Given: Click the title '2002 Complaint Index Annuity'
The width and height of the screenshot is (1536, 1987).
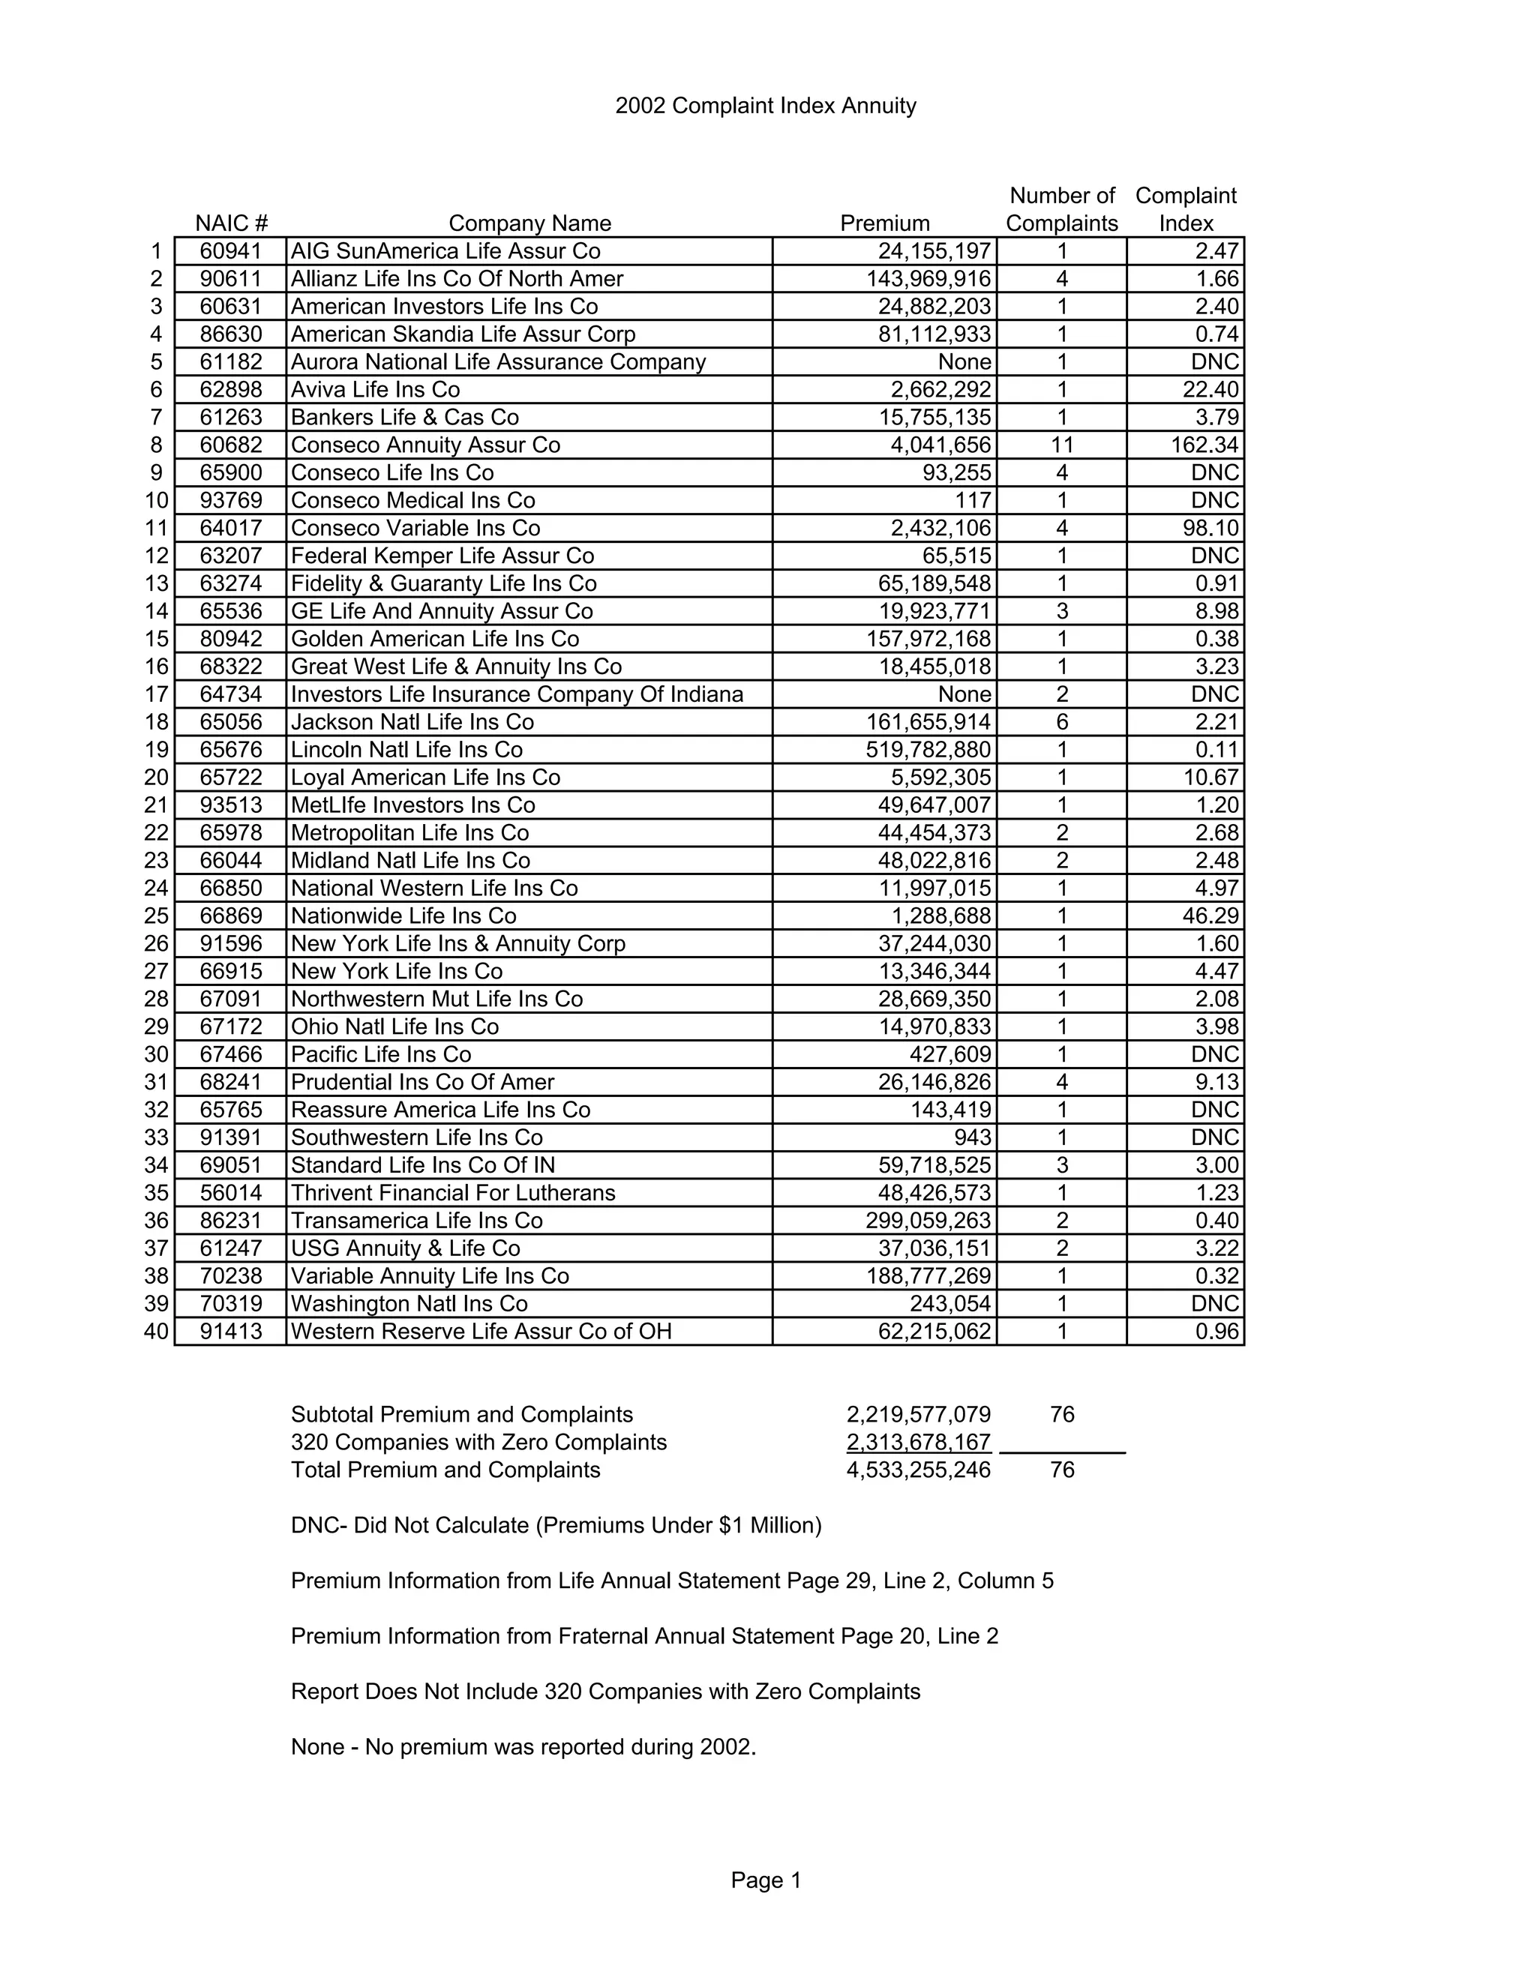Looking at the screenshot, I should (765, 106).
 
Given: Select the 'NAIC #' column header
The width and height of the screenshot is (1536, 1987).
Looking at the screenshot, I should (231, 223).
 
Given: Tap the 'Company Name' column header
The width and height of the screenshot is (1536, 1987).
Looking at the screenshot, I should (529, 223).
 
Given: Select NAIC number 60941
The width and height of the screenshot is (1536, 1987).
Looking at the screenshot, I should (231, 251).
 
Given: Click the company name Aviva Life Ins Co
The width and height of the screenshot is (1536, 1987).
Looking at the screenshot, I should (375, 389).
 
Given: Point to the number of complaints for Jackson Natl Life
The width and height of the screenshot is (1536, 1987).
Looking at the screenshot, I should (1061, 722).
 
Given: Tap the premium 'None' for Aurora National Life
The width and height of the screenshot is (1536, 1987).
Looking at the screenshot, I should (964, 362).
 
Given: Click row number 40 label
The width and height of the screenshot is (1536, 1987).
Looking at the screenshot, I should (157, 1332).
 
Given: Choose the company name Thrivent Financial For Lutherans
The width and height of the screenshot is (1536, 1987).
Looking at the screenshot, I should (452, 1193).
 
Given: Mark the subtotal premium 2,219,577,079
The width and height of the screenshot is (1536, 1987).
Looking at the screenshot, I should (918, 1415).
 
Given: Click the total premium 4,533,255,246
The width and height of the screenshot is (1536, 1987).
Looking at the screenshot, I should (918, 1470).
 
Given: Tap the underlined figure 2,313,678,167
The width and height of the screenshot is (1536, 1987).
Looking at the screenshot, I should (918, 1442).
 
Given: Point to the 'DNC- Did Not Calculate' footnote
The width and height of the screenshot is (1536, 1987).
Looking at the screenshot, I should (556, 1526).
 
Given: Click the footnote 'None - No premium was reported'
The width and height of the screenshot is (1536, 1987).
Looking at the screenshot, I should (523, 1747).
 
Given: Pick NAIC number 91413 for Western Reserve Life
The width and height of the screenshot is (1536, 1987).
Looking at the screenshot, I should (231, 1332).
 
